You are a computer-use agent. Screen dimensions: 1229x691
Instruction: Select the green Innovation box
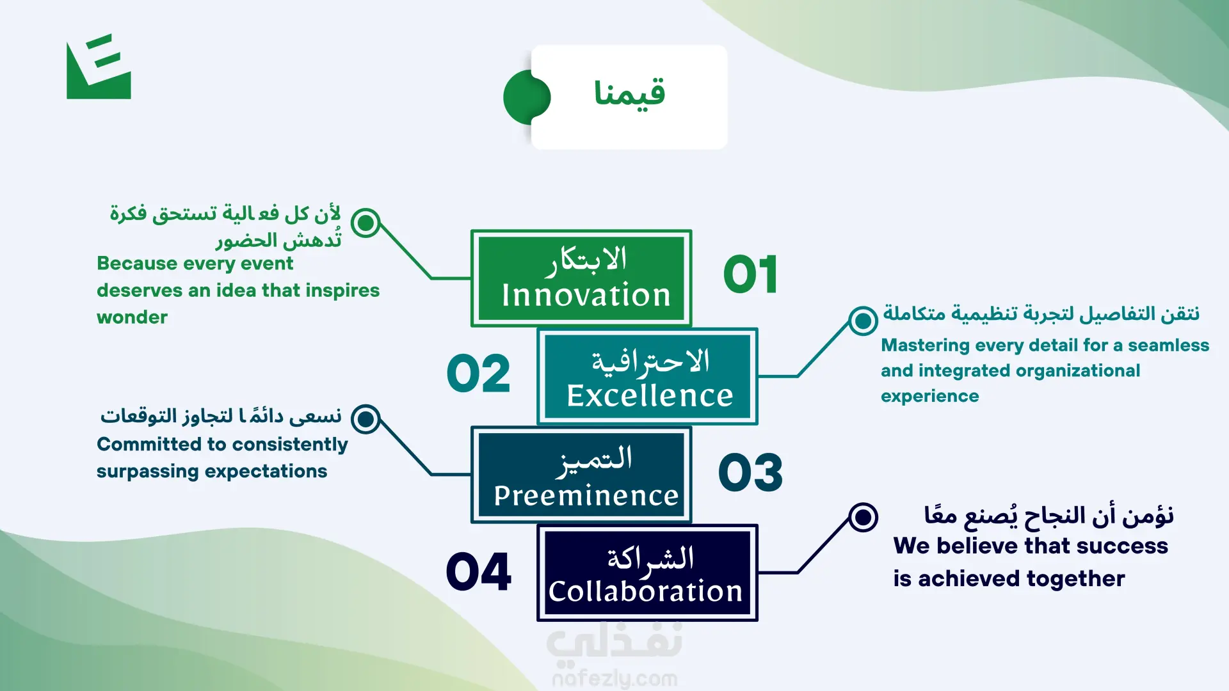tap(581, 278)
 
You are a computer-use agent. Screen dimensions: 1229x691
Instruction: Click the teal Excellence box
tap(648, 377)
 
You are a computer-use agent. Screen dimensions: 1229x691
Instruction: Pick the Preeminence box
tap(581, 475)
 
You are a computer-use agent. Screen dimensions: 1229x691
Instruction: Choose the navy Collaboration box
tap(648, 573)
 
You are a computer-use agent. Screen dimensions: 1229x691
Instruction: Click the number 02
tap(479, 374)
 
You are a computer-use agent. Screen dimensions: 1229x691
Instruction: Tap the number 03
tap(750, 473)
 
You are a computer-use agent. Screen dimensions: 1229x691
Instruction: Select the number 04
tap(479, 571)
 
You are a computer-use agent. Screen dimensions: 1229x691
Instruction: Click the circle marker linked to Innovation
tap(366, 223)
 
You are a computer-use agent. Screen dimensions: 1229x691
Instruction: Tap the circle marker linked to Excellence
tap(863, 321)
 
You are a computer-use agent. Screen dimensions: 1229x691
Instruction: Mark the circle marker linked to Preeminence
tap(366, 419)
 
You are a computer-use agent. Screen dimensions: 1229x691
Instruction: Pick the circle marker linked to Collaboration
tap(863, 517)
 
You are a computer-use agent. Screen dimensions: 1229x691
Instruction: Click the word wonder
tap(132, 317)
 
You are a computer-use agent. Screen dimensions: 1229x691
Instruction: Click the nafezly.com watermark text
tap(614, 678)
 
